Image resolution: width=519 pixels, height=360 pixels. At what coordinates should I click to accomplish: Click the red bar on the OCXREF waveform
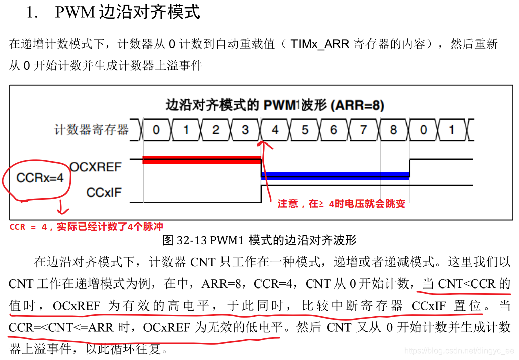point(201,160)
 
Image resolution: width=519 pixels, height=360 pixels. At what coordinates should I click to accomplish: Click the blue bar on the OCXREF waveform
point(335,176)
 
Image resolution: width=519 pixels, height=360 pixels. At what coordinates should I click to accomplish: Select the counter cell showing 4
point(275,130)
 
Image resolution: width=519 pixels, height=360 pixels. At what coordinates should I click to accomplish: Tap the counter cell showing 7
point(364,130)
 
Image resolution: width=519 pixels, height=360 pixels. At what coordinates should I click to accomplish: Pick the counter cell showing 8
point(393,130)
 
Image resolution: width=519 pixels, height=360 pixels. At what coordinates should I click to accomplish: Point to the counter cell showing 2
point(215,130)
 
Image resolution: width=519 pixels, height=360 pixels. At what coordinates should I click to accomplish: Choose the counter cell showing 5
point(305,130)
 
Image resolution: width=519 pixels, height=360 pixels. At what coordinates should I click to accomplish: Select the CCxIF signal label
point(104,192)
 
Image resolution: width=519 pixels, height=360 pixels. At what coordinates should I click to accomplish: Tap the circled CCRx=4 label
point(40,178)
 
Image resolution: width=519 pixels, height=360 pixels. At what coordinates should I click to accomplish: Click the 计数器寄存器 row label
point(92,129)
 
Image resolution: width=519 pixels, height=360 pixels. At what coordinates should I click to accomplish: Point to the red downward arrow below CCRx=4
point(63,207)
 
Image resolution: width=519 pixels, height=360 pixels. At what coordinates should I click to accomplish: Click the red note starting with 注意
point(341,204)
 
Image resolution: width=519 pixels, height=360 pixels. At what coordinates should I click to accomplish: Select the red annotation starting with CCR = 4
point(86,227)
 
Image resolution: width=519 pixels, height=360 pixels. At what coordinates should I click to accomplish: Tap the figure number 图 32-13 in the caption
point(186,240)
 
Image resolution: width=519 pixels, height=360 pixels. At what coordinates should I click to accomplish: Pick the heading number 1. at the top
point(32,13)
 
